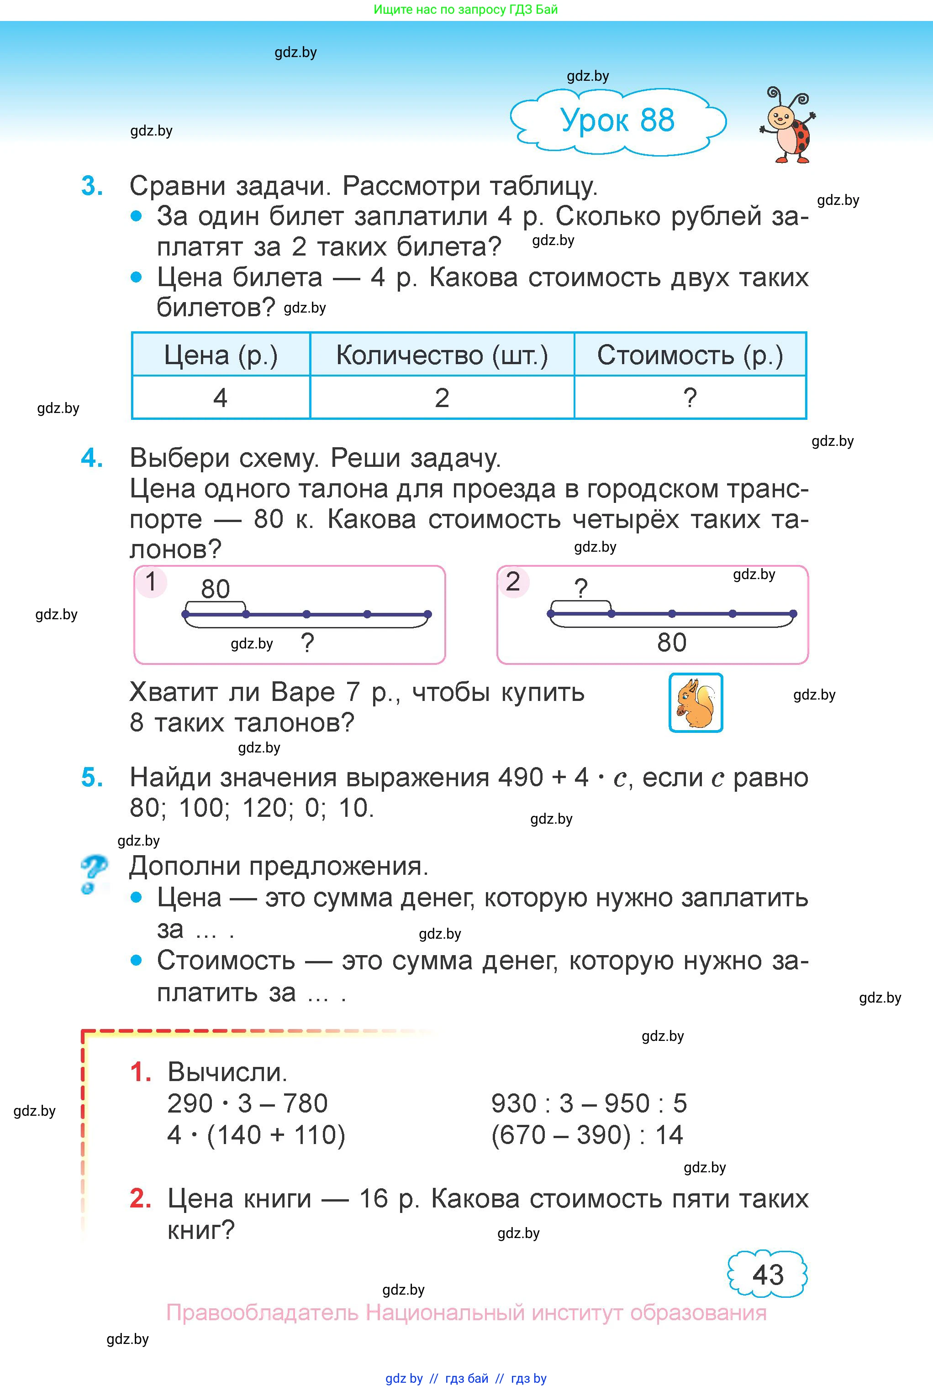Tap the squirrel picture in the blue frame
(696, 703)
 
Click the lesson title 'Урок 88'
(617, 120)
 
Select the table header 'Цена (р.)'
(221, 355)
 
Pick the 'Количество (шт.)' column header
(442, 355)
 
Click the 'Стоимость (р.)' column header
(690, 355)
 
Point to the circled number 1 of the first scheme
(151, 582)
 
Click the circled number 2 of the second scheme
(513, 582)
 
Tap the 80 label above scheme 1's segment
(216, 589)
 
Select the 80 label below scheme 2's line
(672, 643)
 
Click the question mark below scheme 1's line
(307, 643)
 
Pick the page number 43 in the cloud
(768, 1275)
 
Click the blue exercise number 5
(92, 778)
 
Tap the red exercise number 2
(140, 1198)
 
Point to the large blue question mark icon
(94, 873)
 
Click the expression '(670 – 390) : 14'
(587, 1135)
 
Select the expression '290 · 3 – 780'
(248, 1103)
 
